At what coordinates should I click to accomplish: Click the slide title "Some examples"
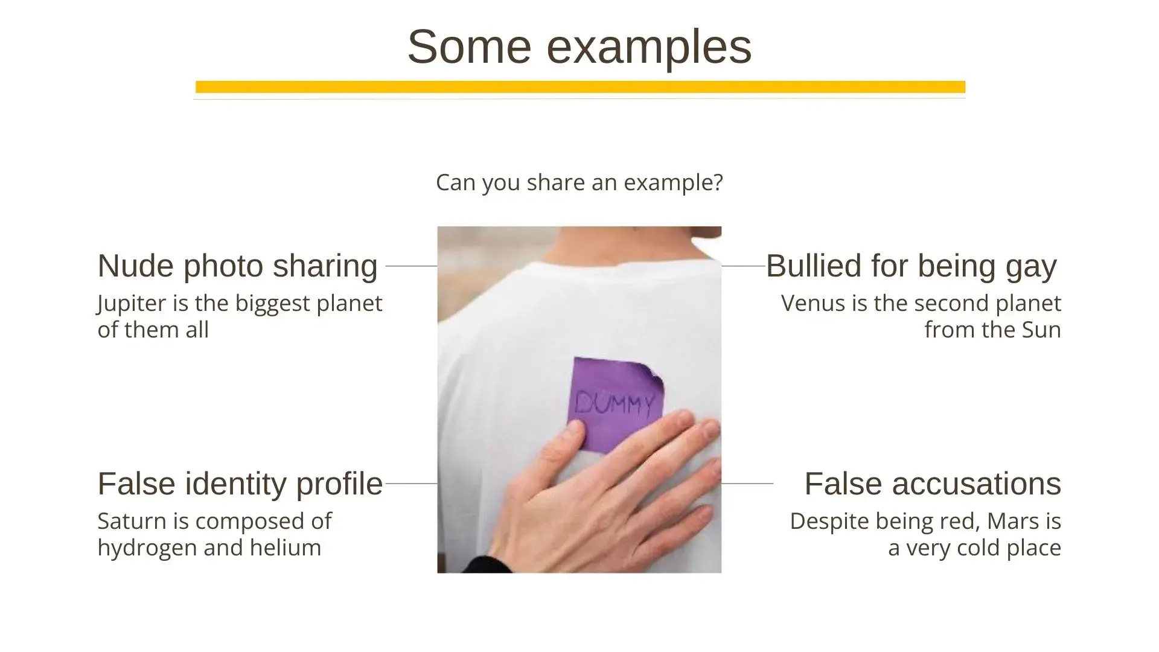(579, 46)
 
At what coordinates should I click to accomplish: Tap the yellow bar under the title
(580, 87)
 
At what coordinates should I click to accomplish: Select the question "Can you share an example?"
(579, 182)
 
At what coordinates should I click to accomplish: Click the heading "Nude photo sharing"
(237, 266)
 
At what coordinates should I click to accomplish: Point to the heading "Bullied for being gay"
(912, 266)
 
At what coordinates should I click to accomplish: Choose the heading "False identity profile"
(240, 484)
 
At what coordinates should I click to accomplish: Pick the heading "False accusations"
(933, 484)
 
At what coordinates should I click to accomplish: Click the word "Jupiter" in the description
(132, 304)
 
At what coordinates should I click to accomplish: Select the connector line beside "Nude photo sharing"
(411, 266)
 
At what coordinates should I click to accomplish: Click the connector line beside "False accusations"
(747, 484)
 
